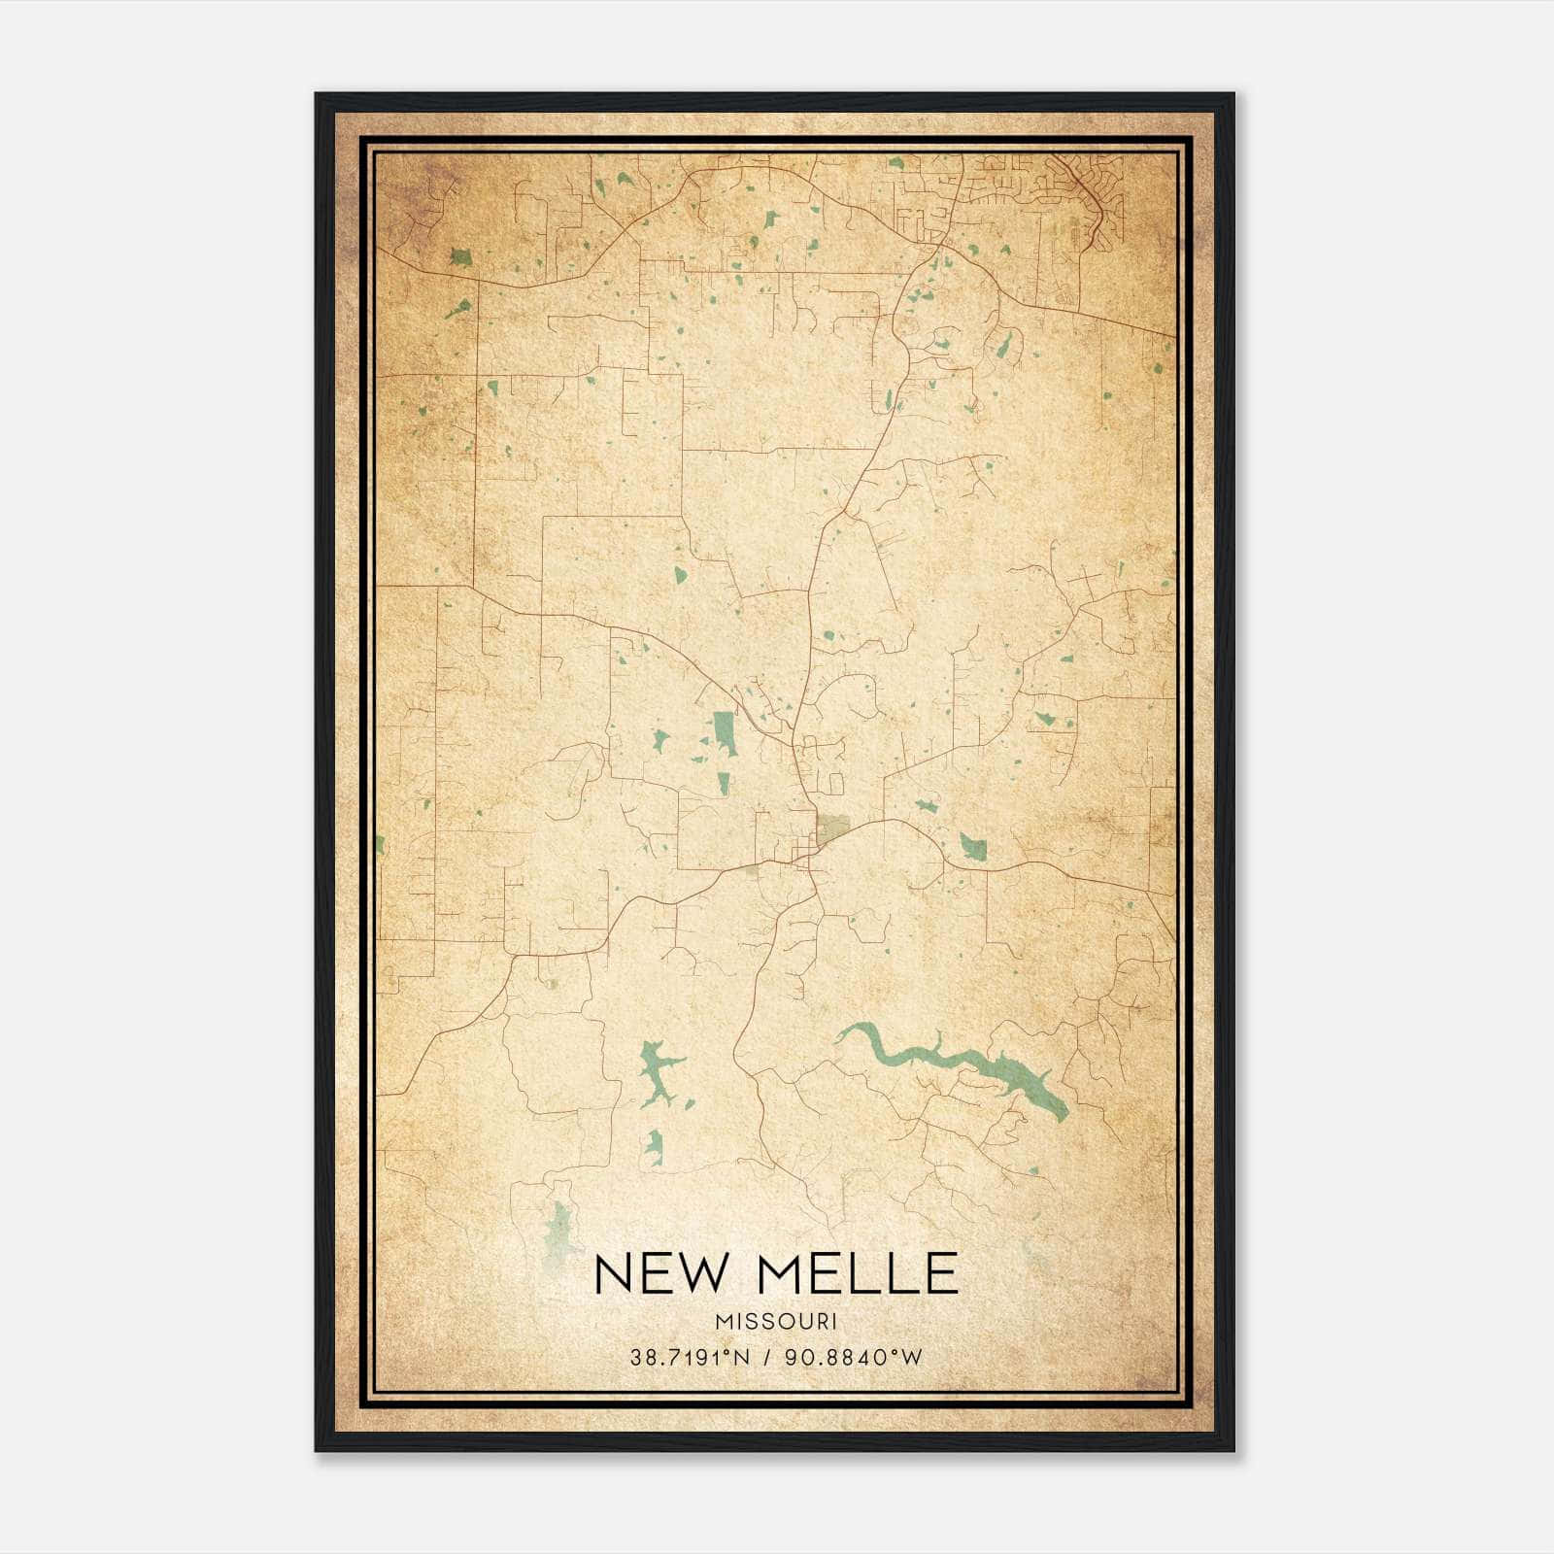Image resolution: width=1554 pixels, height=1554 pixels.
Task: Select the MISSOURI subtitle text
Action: [776, 1322]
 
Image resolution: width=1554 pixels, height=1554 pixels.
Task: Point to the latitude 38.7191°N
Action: [690, 1358]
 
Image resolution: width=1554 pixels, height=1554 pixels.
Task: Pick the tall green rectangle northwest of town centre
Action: [724, 733]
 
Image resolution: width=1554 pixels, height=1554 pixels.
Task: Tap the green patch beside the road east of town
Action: [973, 848]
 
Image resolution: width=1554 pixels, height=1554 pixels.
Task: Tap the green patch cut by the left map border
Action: [380, 845]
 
